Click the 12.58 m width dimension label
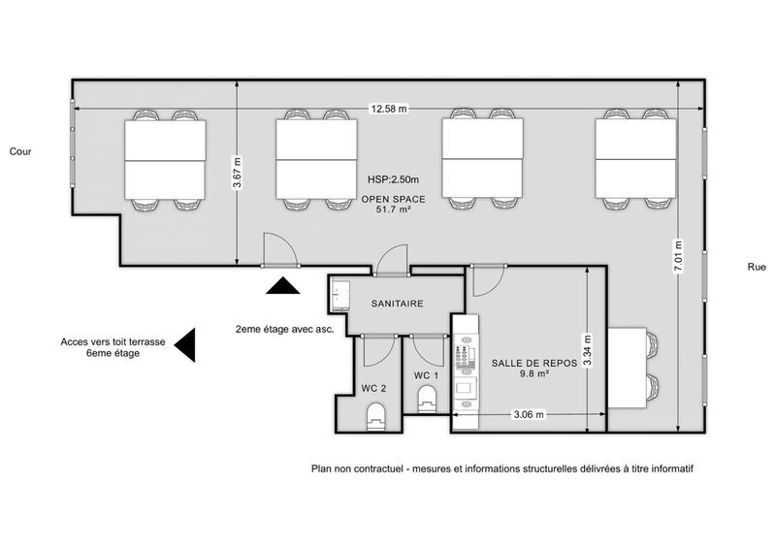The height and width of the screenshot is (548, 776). pos(387,108)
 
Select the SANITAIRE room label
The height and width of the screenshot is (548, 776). pos(398,304)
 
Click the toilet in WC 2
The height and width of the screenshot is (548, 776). pos(375,416)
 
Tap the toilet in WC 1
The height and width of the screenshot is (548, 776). pos(426,398)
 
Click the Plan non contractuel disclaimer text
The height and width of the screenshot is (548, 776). pos(501,468)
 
